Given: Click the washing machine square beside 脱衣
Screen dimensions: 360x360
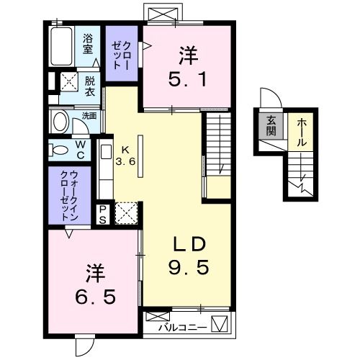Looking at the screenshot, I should (x=69, y=81).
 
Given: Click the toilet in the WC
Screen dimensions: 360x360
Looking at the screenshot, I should (x=58, y=149).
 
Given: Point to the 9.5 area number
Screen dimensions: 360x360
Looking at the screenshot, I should (x=189, y=268).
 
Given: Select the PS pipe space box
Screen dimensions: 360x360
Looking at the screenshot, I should (x=104, y=213).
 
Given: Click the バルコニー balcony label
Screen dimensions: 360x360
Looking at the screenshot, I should (x=184, y=328).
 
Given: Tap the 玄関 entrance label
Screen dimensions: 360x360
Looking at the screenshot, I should (x=272, y=125).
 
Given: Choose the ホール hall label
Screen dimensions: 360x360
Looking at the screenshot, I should (x=301, y=132).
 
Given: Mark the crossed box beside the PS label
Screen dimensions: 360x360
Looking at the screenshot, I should (x=126, y=212).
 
